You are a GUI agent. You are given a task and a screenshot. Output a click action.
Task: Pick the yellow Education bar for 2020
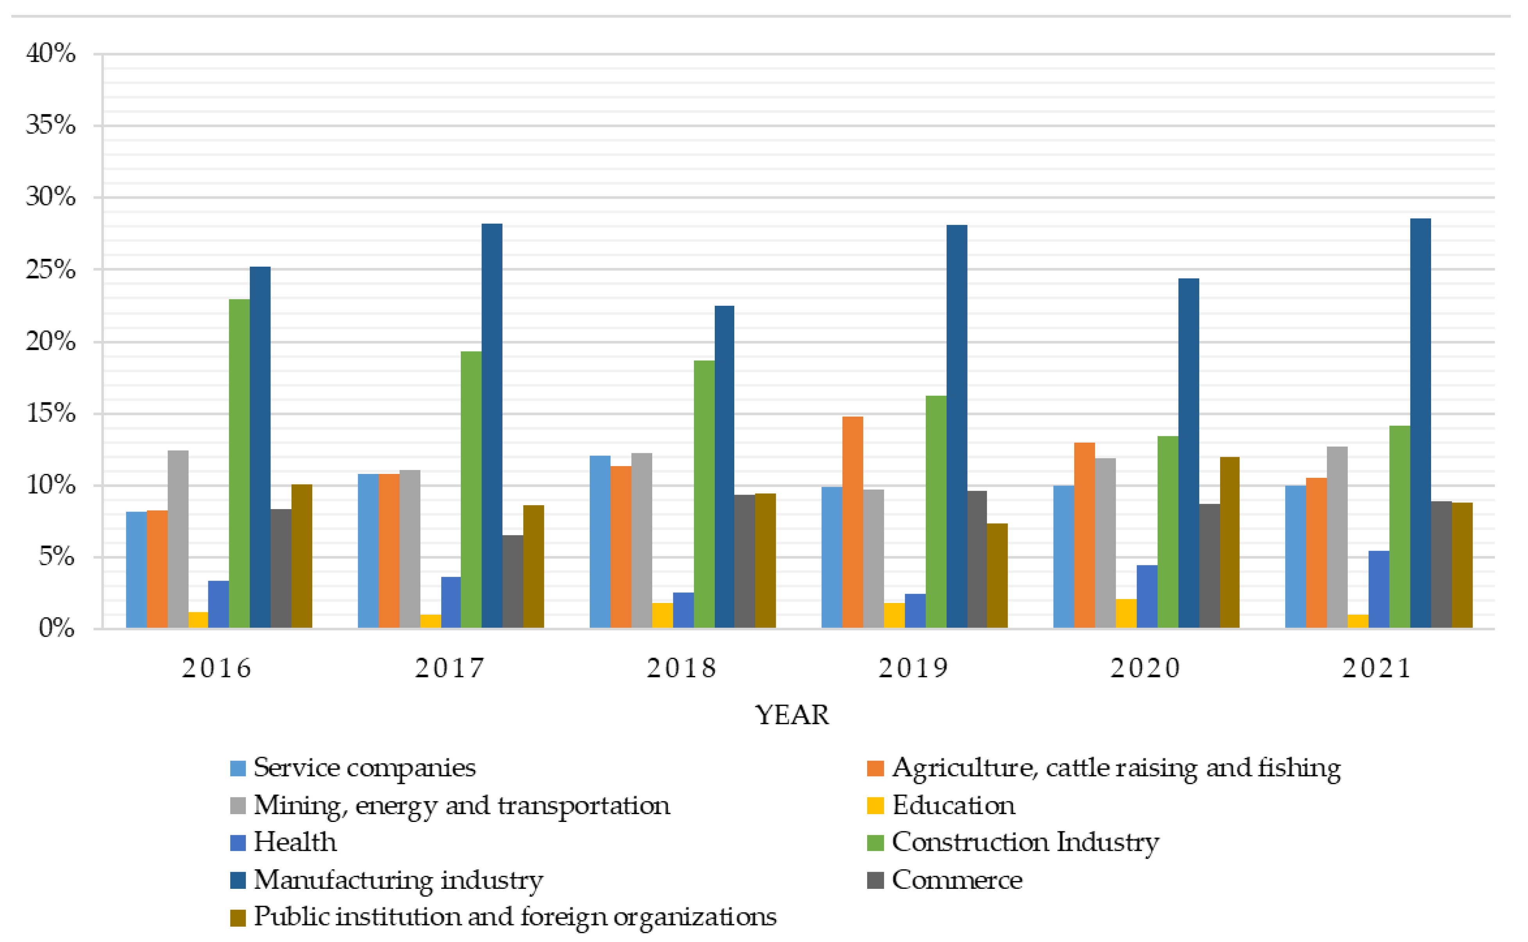pos(1126,614)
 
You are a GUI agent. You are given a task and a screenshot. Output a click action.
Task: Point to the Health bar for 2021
pos(1379,589)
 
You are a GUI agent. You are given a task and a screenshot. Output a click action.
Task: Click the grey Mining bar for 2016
pos(178,539)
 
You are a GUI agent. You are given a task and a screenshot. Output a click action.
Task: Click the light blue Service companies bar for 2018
pos(600,542)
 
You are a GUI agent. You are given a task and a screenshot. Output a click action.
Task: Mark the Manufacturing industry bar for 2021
pos(1420,423)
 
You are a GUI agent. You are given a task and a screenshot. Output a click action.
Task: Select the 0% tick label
pos(56,628)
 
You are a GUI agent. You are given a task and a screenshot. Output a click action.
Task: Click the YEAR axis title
pos(792,714)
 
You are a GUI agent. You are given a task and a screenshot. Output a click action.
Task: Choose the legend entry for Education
pos(953,805)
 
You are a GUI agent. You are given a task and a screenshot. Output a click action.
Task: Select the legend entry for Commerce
pos(956,880)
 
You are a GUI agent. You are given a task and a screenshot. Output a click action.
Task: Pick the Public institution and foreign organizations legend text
pos(515,917)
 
